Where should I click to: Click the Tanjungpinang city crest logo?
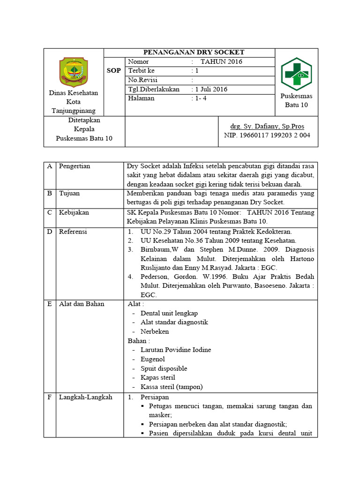coord(74,72)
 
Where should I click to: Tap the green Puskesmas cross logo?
coord(296,74)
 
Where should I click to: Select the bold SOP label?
coord(114,71)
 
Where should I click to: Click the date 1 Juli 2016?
coord(211,89)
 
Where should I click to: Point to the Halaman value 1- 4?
coord(204,98)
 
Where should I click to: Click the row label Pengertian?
coord(75,166)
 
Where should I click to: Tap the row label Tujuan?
coord(69,193)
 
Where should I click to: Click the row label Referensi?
coord(73,232)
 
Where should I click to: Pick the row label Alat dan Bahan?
coord(82,304)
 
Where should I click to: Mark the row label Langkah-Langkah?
coord(85,397)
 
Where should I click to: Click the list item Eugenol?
coord(153,359)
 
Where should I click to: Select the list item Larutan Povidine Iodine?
coord(176,350)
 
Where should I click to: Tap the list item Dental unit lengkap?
coord(169,313)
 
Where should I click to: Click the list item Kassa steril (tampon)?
coord(172,387)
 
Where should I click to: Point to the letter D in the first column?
coord(49,232)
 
